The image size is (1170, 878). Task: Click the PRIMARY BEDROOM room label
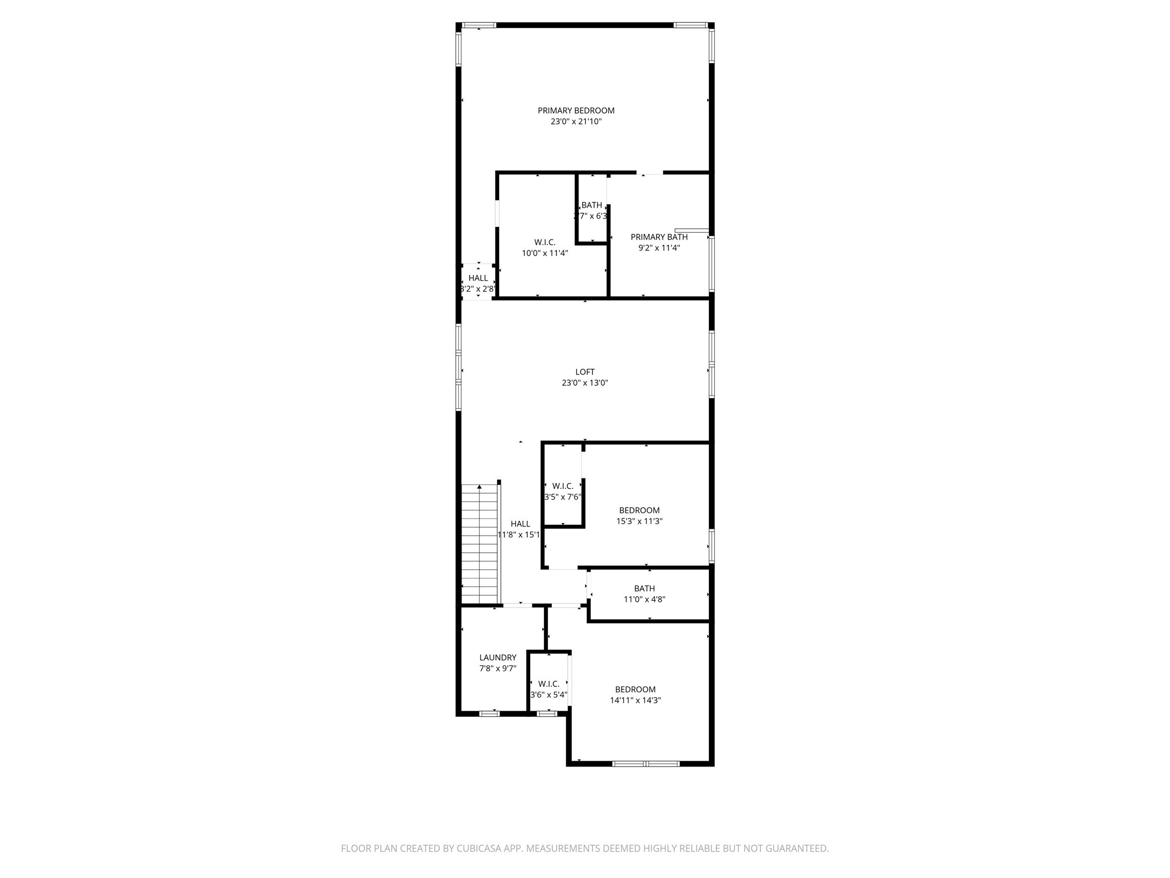[x=576, y=110]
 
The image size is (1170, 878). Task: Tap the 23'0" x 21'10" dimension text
[x=576, y=122]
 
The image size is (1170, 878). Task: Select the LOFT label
[x=584, y=372]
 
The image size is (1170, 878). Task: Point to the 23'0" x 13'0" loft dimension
[x=584, y=383]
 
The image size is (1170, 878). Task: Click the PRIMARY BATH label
[x=659, y=237]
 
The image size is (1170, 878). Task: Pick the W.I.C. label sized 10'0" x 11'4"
[x=544, y=242]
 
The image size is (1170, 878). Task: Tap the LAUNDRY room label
[x=498, y=658]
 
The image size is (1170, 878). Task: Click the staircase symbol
[x=480, y=544]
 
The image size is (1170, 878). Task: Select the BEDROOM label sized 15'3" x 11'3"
[x=639, y=510]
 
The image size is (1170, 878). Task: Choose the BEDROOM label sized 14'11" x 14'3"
[x=635, y=689]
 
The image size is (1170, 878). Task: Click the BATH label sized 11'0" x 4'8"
[x=644, y=589]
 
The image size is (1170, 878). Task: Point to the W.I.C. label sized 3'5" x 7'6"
[x=563, y=486]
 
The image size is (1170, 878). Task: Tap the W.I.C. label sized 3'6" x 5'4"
[x=548, y=684]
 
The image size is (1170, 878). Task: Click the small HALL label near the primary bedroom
[x=478, y=278]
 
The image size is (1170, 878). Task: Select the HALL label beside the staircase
[x=520, y=524]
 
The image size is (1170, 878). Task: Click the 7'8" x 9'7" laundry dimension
[x=498, y=668]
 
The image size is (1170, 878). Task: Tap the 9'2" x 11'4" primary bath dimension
[x=659, y=248]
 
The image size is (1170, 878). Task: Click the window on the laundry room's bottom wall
[x=489, y=713]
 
